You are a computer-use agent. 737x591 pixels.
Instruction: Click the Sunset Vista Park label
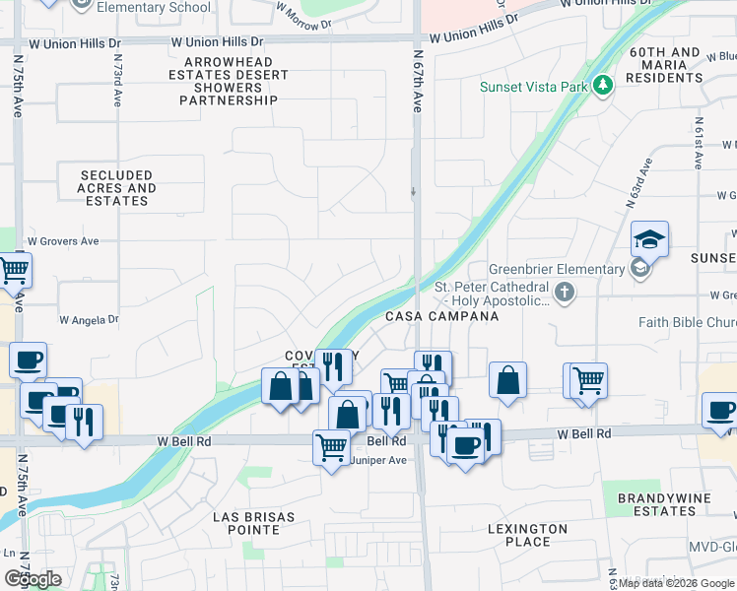535,87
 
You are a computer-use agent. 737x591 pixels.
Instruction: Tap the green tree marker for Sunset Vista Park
603,87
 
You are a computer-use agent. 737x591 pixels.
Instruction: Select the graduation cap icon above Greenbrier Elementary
650,239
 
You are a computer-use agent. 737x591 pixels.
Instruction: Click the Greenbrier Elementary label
557,269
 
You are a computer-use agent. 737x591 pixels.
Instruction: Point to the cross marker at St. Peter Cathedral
564,292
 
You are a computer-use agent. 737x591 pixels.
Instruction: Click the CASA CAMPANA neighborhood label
441,316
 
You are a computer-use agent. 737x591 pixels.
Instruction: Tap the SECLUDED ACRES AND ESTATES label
116,187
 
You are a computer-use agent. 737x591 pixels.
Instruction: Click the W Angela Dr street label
89,320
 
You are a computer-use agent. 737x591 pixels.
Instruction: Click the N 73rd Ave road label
117,79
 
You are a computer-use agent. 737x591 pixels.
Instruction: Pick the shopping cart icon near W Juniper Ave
332,447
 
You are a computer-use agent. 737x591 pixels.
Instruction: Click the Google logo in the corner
33,579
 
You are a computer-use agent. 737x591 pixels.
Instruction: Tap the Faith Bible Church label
687,322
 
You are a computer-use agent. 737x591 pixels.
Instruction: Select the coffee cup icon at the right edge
719,409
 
